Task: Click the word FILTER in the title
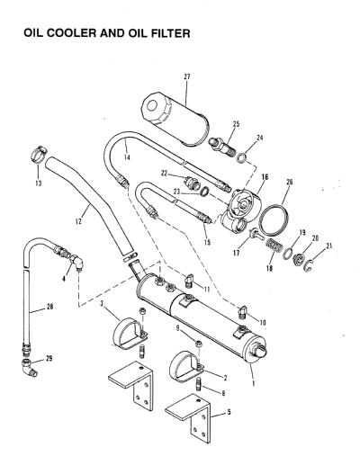tap(171, 33)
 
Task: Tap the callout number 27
tap(187, 76)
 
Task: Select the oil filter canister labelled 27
tap(175, 119)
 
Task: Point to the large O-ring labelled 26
tap(274, 220)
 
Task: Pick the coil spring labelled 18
tap(274, 245)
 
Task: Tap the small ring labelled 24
tap(242, 157)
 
